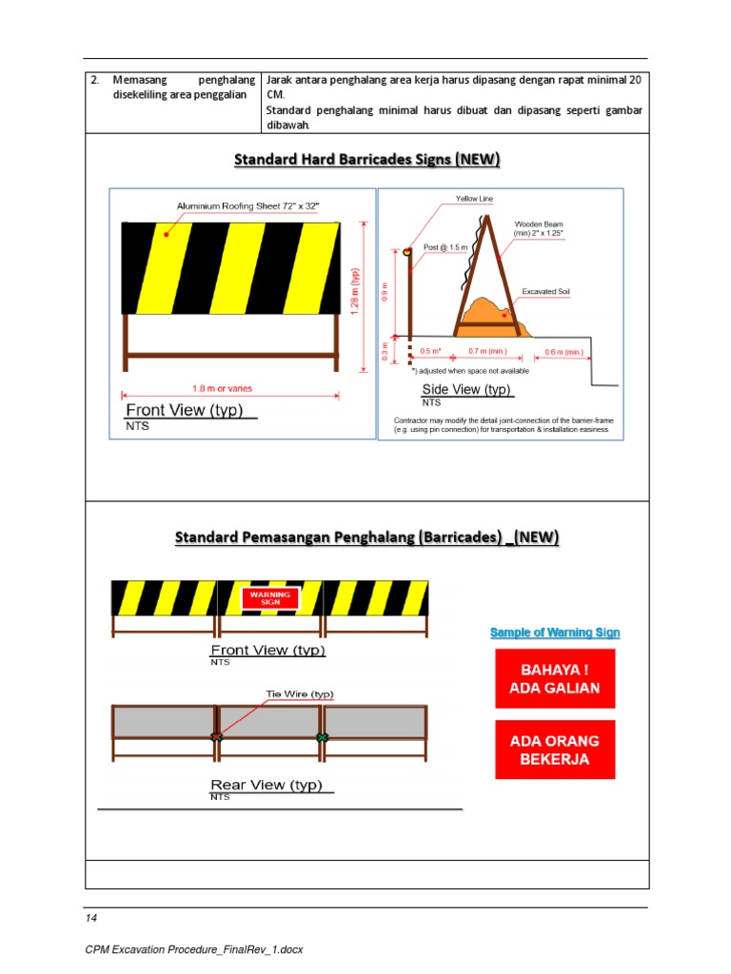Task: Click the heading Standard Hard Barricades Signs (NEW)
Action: [x=366, y=160]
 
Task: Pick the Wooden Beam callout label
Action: [x=540, y=229]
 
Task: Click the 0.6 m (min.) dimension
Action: [x=563, y=351]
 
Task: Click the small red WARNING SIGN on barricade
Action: [x=270, y=598]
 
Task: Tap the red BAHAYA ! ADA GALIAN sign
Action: [x=555, y=678]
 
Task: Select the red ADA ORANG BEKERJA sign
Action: [x=555, y=750]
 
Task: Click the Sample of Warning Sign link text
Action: [x=555, y=633]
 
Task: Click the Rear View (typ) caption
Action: [x=267, y=785]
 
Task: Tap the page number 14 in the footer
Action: [x=91, y=918]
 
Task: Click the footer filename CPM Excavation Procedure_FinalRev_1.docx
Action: [x=193, y=949]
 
